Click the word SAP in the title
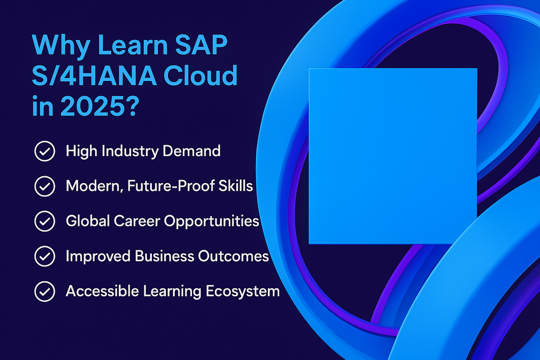point(201,45)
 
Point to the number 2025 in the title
point(92,105)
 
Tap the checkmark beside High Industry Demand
point(45,151)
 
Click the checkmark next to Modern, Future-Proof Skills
point(45,186)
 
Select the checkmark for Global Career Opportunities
point(45,221)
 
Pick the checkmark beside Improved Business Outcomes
point(45,256)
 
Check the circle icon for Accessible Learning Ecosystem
point(45,291)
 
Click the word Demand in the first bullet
point(192,151)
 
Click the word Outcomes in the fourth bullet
point(233,256)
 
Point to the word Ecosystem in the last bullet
point(243,291)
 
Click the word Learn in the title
point(133,45)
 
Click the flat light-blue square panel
point(393,156)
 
